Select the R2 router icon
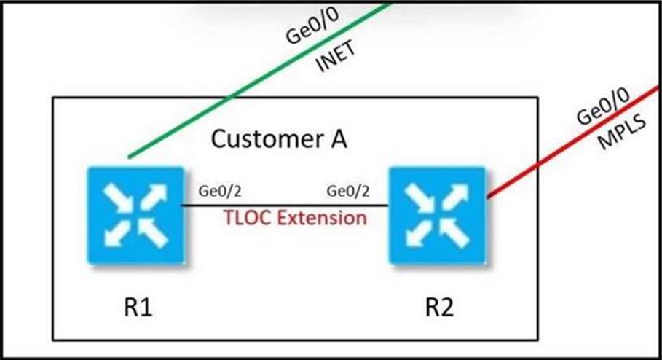pos(436,215)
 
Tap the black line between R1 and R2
pos(284,205)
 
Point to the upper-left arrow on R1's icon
pos(116,196)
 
